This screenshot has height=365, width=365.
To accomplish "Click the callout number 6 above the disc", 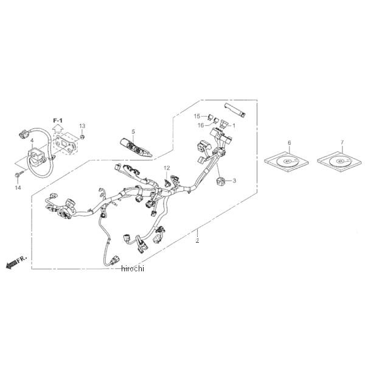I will pos(289,142).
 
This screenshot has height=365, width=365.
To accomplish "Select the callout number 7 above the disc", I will pos(342,142).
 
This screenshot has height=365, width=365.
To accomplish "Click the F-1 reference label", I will pos(58,121).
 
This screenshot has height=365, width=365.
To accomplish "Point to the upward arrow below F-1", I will pos(58,129).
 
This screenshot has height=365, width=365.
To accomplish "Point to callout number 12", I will pos(166,167).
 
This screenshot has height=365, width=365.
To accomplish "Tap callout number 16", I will pos(200,125).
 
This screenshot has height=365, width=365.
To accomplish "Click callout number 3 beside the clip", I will pos(234,181).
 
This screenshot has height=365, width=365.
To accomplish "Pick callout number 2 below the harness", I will pos(196,241).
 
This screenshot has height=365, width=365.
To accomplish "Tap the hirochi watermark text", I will pos(132,268).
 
